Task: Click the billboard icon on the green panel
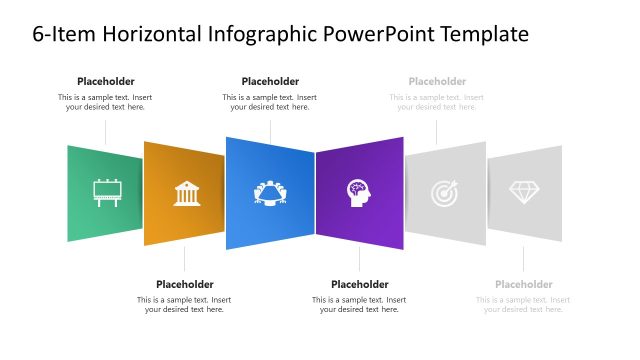[x=106, y=191]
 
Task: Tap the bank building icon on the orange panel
[x=186, y=193]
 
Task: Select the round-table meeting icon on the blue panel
[x=270, y=192]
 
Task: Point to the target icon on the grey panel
[x=446, y=193]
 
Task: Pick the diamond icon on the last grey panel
[x=524, y=191]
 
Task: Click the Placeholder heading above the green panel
[x=106, y=81]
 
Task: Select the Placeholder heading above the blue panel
[x=270, y=81]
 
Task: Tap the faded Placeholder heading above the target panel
[x=437, y=81]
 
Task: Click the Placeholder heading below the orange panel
[x=184, y=284]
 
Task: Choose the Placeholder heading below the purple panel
[x=359, y=284]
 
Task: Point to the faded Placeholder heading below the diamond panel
[x=523, y=284]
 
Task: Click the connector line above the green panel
[x=106, y=131]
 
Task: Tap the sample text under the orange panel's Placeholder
[x=184, y=304]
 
